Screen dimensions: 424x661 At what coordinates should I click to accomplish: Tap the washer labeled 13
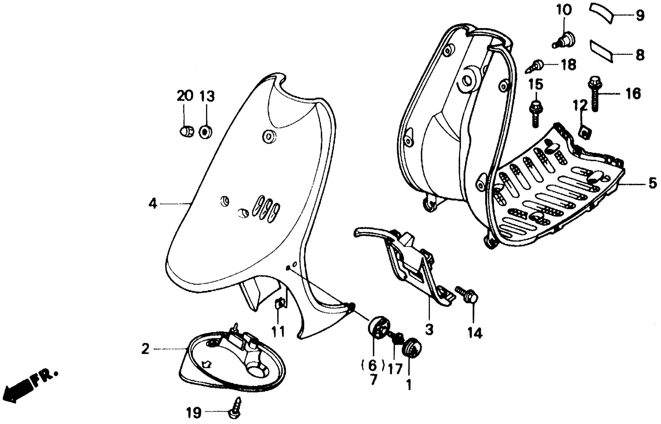[205, 132]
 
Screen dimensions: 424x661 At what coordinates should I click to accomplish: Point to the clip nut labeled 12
[584, 132]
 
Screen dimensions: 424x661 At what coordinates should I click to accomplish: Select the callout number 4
[153, 204]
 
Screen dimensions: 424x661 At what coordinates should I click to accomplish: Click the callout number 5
[653, 183]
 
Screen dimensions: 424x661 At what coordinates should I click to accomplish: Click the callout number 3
[429, 329]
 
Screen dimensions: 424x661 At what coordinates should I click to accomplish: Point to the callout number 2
[145, 349]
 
